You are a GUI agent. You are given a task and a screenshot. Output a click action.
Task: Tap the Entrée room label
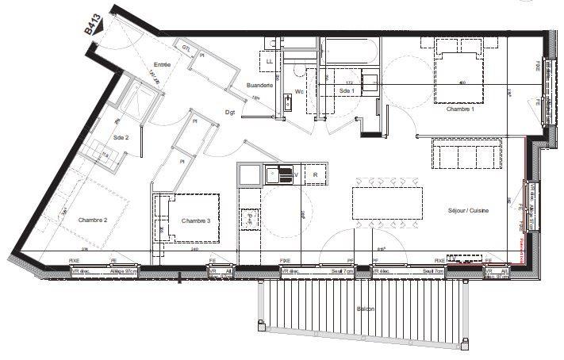point(162,65)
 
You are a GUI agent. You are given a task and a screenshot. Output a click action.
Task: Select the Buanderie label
point(260,86)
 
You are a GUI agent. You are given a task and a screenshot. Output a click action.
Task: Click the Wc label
point(300,91)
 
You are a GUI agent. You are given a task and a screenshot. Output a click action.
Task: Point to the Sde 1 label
point(347,91)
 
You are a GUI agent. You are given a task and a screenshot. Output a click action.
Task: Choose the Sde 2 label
point(121,136)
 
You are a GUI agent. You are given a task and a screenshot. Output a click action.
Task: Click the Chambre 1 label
point(460,109)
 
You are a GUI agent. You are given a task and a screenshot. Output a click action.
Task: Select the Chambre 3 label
point(195,220)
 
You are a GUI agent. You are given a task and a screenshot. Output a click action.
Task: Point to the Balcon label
point(366,308)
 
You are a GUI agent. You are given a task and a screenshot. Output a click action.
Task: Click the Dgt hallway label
point(230,113)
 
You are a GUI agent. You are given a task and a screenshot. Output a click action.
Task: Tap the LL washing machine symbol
point(270,60)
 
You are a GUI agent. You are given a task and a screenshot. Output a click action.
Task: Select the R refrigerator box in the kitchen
point(315,174)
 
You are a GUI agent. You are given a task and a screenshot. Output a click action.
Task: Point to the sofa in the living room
point(466,153)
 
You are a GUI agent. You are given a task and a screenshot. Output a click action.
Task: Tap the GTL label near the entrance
point(186,49)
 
